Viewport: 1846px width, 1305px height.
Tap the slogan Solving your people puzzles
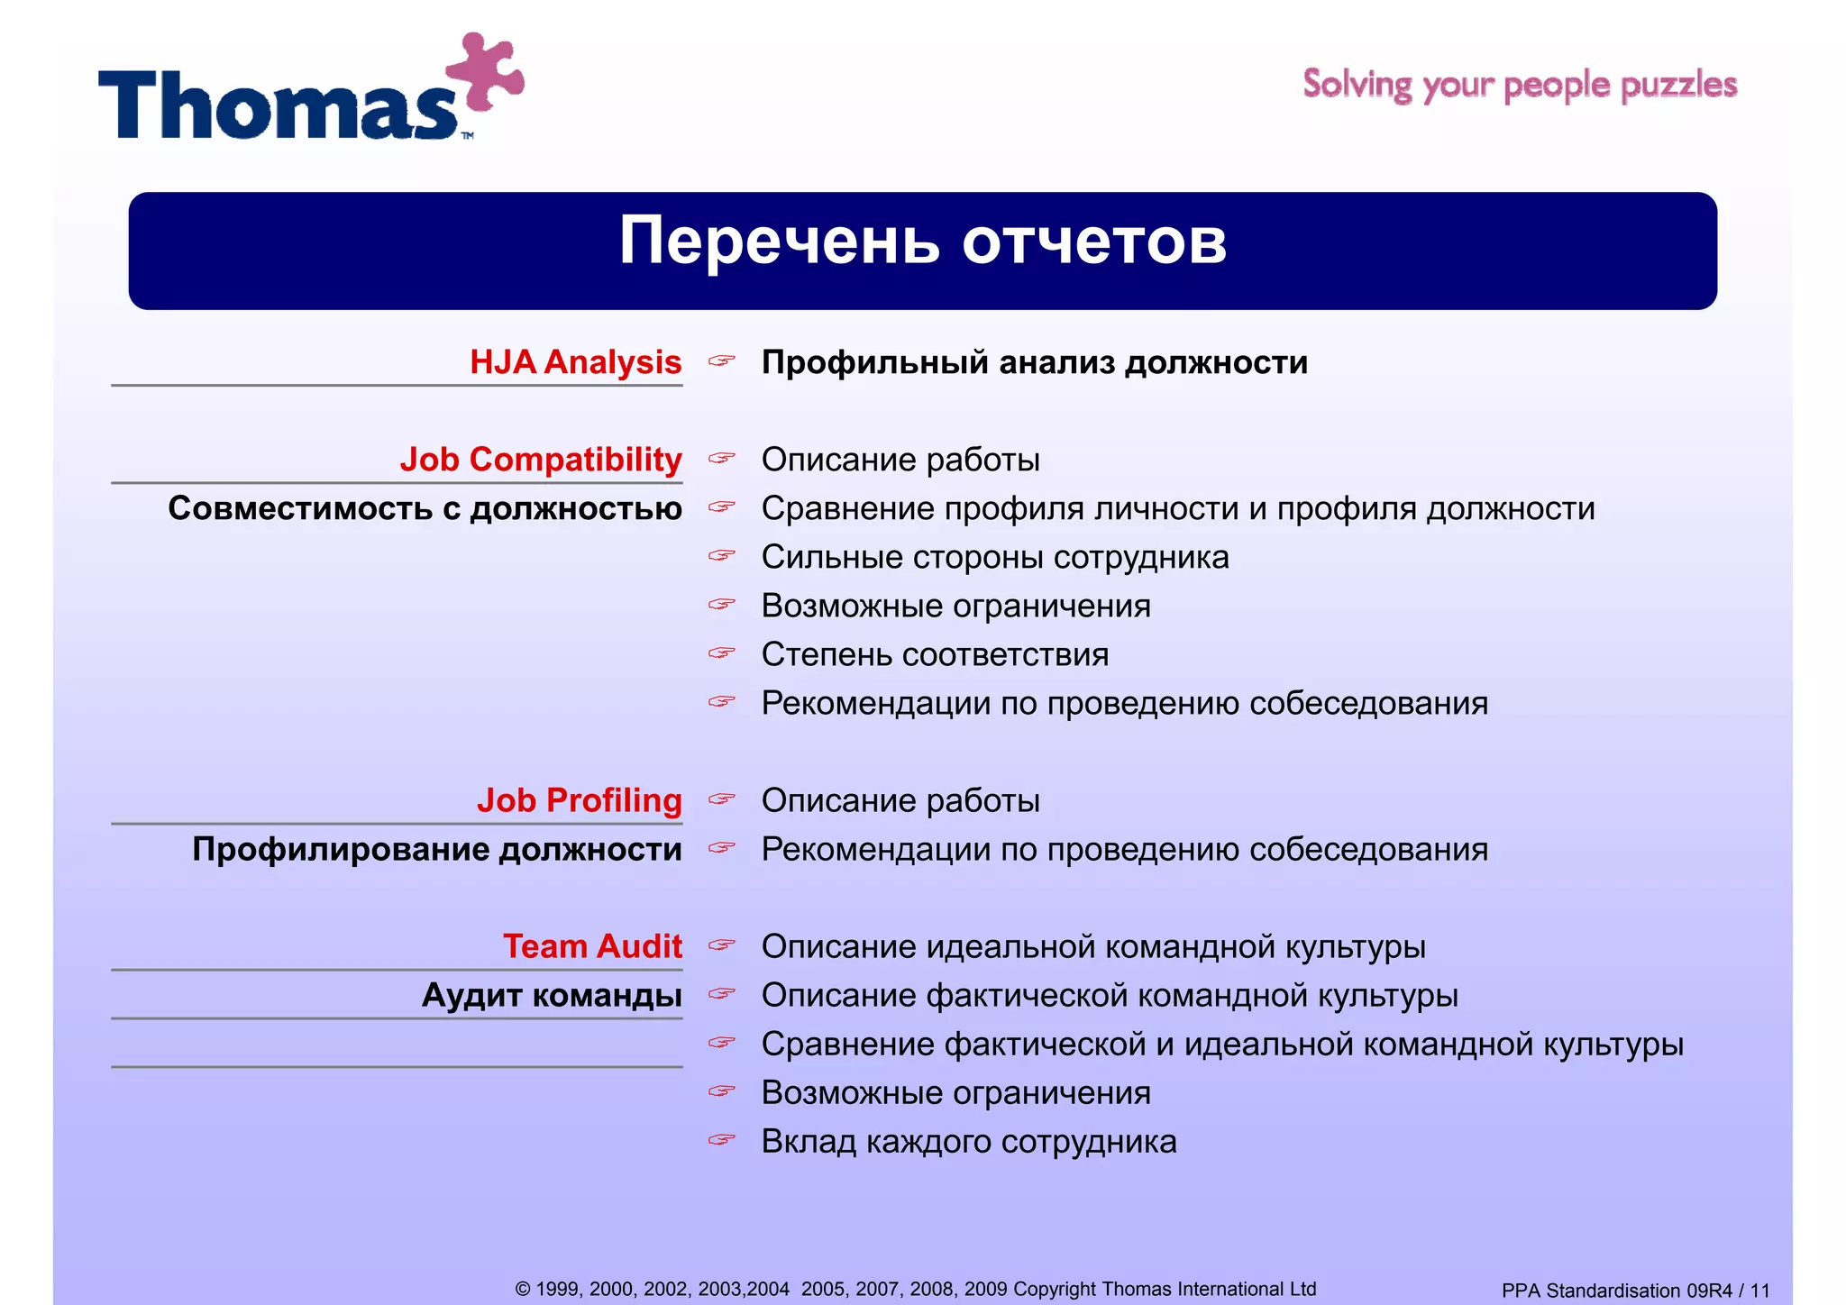tap(1520, 85)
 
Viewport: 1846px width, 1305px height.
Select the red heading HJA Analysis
tap(575, 362)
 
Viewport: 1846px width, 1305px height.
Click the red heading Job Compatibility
tap(541, 460)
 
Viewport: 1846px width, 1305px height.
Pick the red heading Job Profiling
tap(579, 800)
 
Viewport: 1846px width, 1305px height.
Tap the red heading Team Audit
tap(592, 946)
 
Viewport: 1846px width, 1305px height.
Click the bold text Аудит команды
tap(552, 995)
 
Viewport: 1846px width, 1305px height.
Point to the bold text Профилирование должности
tap(437, 849)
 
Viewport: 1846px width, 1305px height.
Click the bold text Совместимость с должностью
tap(425, 508)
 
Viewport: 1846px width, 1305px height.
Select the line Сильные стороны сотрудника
tap(994, 557)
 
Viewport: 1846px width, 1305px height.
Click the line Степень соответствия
tap(935, 654)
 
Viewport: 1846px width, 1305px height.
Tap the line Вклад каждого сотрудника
tap(968, 1141)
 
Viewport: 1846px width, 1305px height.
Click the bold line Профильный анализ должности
tap(1034, 362)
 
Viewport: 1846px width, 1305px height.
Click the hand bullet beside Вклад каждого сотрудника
tap(721, 1140)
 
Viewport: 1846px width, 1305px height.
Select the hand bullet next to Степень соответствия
tap(721, 652)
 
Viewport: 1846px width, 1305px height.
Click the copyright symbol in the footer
tap(522, 1290)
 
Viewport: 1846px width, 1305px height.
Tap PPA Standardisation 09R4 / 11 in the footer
tap(1635, 1291)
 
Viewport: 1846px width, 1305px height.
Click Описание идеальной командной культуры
tap(1092, 946)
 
